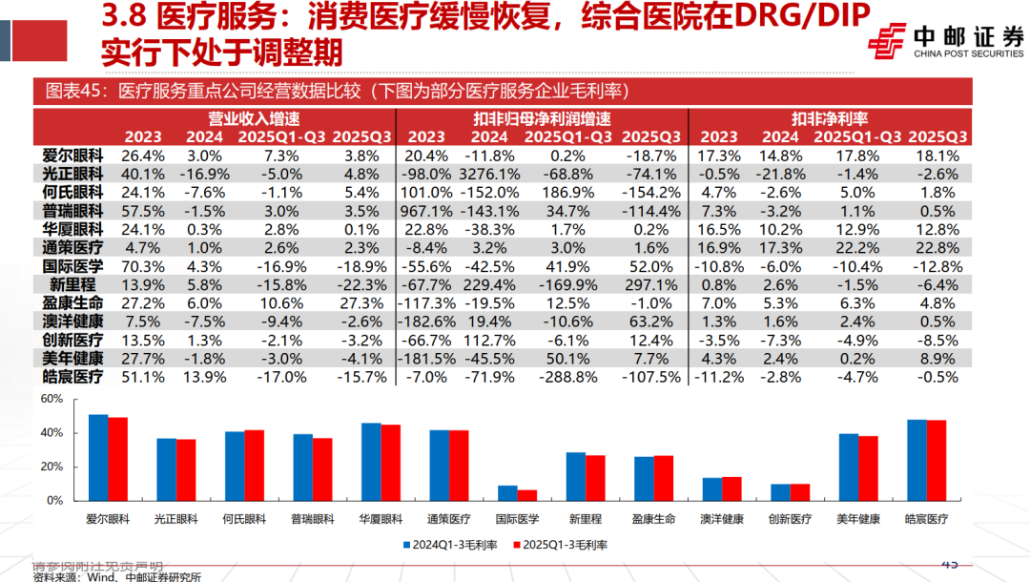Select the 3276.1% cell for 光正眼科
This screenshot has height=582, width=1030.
[489, 174]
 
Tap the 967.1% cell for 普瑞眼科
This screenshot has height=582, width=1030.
[425, 211]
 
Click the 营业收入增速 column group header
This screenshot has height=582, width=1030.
[255, 119]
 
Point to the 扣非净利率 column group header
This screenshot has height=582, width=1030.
[827, 119]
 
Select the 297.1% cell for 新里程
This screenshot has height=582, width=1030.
[651, 285]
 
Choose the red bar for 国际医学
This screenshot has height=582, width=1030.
[526, 495]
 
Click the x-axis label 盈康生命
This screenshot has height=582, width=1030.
[653, 519]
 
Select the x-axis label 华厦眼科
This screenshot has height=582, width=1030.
[381, 519]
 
